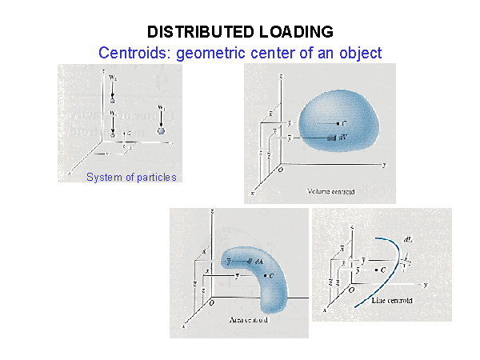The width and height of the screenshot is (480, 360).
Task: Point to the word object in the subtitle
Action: click(359, 53)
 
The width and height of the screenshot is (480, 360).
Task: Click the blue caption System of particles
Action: click(131, 177)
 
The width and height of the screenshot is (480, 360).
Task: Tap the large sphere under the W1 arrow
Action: click(162, 130)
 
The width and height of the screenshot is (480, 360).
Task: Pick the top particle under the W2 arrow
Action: click(113, 102)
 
